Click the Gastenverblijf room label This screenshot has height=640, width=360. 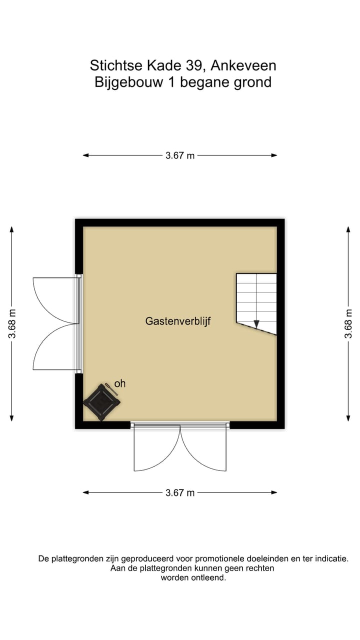click(x=178, y=321)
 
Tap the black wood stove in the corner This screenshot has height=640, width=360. click(x=101, y=401)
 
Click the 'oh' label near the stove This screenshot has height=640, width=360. click(x=120, y=383)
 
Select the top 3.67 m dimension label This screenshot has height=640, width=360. click(x=180, y=155)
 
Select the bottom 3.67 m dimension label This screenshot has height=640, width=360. click(x=180, y=492)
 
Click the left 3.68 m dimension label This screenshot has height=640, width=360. click(x=12, y=324)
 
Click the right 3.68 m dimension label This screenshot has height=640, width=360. click(x=348, y=324)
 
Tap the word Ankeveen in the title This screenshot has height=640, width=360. click(x=243, y=65)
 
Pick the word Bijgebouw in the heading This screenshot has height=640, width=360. click(x=128, y=82)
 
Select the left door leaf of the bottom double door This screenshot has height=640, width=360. click(x=156, y=449)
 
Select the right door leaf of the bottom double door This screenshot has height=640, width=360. click(x=204, y=449)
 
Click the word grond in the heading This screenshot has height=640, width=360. click(x=253, y=82)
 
